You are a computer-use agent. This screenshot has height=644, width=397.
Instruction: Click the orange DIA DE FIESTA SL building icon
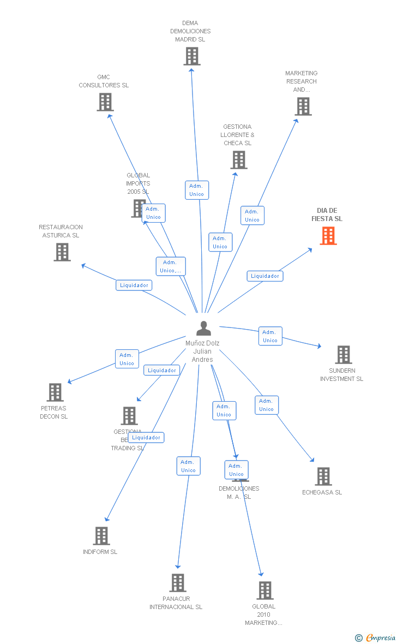pyautogui.click(x=328, y=236)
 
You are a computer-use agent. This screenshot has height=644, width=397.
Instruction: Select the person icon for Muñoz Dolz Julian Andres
pyautogui.click(x=203, y=328)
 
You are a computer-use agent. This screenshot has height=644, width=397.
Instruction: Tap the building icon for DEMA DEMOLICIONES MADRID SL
pyautogui.click(x=192, y=56)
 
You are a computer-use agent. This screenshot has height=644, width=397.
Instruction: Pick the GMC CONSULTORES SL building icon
pyautogui.click(x=105, y=102)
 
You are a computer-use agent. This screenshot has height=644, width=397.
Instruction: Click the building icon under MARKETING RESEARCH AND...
pyautogui.click(x=303, y=106)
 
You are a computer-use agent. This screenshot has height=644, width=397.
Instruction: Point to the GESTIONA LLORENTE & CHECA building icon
pyautogui.click(x=239, y=160)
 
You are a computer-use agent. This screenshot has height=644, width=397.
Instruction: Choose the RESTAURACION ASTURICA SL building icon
pyautogui.click(x=62, y=252)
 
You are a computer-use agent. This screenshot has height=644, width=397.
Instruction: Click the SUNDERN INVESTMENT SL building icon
pyautogui.click(x=343, y=355)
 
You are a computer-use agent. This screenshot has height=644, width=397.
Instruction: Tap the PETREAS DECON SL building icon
pyautogui.click(x=55, y=392)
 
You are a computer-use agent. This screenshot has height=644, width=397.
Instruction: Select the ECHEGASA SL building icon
pyautogui.click(x=323, y=476)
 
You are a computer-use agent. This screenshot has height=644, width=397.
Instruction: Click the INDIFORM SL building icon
pyautogui.click(x=101, y=536)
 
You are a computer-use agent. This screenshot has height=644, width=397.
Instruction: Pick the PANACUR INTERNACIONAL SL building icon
pyautogui.click(x=178, y=583)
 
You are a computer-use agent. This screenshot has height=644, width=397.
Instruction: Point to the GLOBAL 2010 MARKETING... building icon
pyautogui.click(x=265, y=591)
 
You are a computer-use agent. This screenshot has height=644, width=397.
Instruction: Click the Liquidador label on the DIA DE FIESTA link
pyautogui.click(x=265, y=276)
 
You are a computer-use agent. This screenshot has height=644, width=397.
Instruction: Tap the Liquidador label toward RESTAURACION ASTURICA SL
pyautogui.click(x=134, y=285)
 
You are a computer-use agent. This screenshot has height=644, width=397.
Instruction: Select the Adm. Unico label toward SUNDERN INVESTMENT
pyautogui.click(x=270, y=336)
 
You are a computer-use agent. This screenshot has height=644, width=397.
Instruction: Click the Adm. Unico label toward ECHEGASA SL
pyautogui.click(x=267, y=405)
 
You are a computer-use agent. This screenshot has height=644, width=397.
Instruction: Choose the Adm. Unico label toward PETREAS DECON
pyautogui.click(x=127, y=359)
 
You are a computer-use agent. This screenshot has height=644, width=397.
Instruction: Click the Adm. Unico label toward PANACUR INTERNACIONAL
pyautogui.click(x=189, y=466)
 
